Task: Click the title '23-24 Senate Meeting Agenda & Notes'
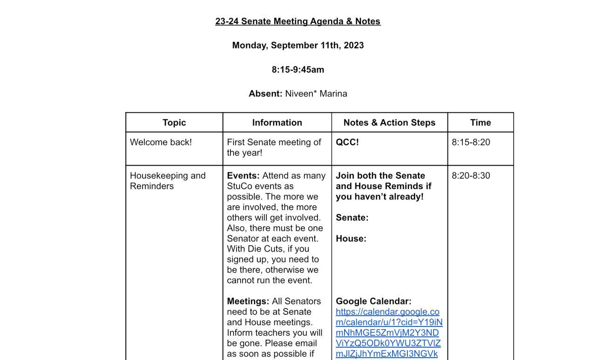(298, 21)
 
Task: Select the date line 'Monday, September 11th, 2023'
(298, 45)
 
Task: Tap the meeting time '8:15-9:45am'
(298, 69)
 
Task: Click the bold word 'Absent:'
(265, 94)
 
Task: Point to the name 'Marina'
(333, 94)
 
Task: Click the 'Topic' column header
(174, 122)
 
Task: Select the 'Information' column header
(277, 122)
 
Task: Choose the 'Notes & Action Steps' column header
(389, 122)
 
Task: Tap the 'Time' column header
(481, 122)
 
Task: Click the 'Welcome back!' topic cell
(161, 142)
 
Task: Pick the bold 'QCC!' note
(347, 142)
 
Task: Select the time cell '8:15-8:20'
(471, 142)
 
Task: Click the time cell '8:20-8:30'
(471, 176)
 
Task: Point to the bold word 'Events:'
(243, 176)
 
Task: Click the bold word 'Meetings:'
(248, 301)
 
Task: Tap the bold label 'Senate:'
(352, 217)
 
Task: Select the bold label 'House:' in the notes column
(351, 238)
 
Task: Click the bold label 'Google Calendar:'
(373, 301)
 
